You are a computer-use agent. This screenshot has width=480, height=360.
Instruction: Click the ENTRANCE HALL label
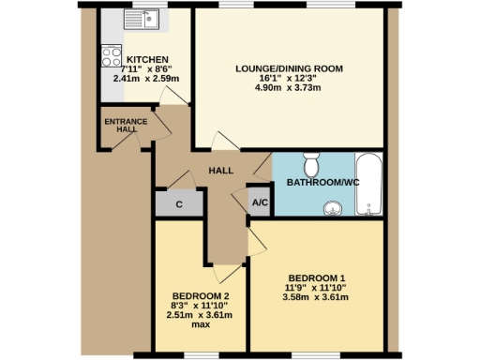(120, 126)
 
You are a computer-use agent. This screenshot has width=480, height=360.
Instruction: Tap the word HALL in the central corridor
(221, 171)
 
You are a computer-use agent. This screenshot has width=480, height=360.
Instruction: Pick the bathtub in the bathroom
(370, 183)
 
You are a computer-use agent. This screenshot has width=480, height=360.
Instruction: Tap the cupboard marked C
(177, 204)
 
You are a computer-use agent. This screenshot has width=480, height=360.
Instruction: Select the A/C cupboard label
(260, 202)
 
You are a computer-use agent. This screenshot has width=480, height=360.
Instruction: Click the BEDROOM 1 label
(316, 278)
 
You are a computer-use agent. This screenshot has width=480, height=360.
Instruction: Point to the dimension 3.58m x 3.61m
(316, 298)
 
